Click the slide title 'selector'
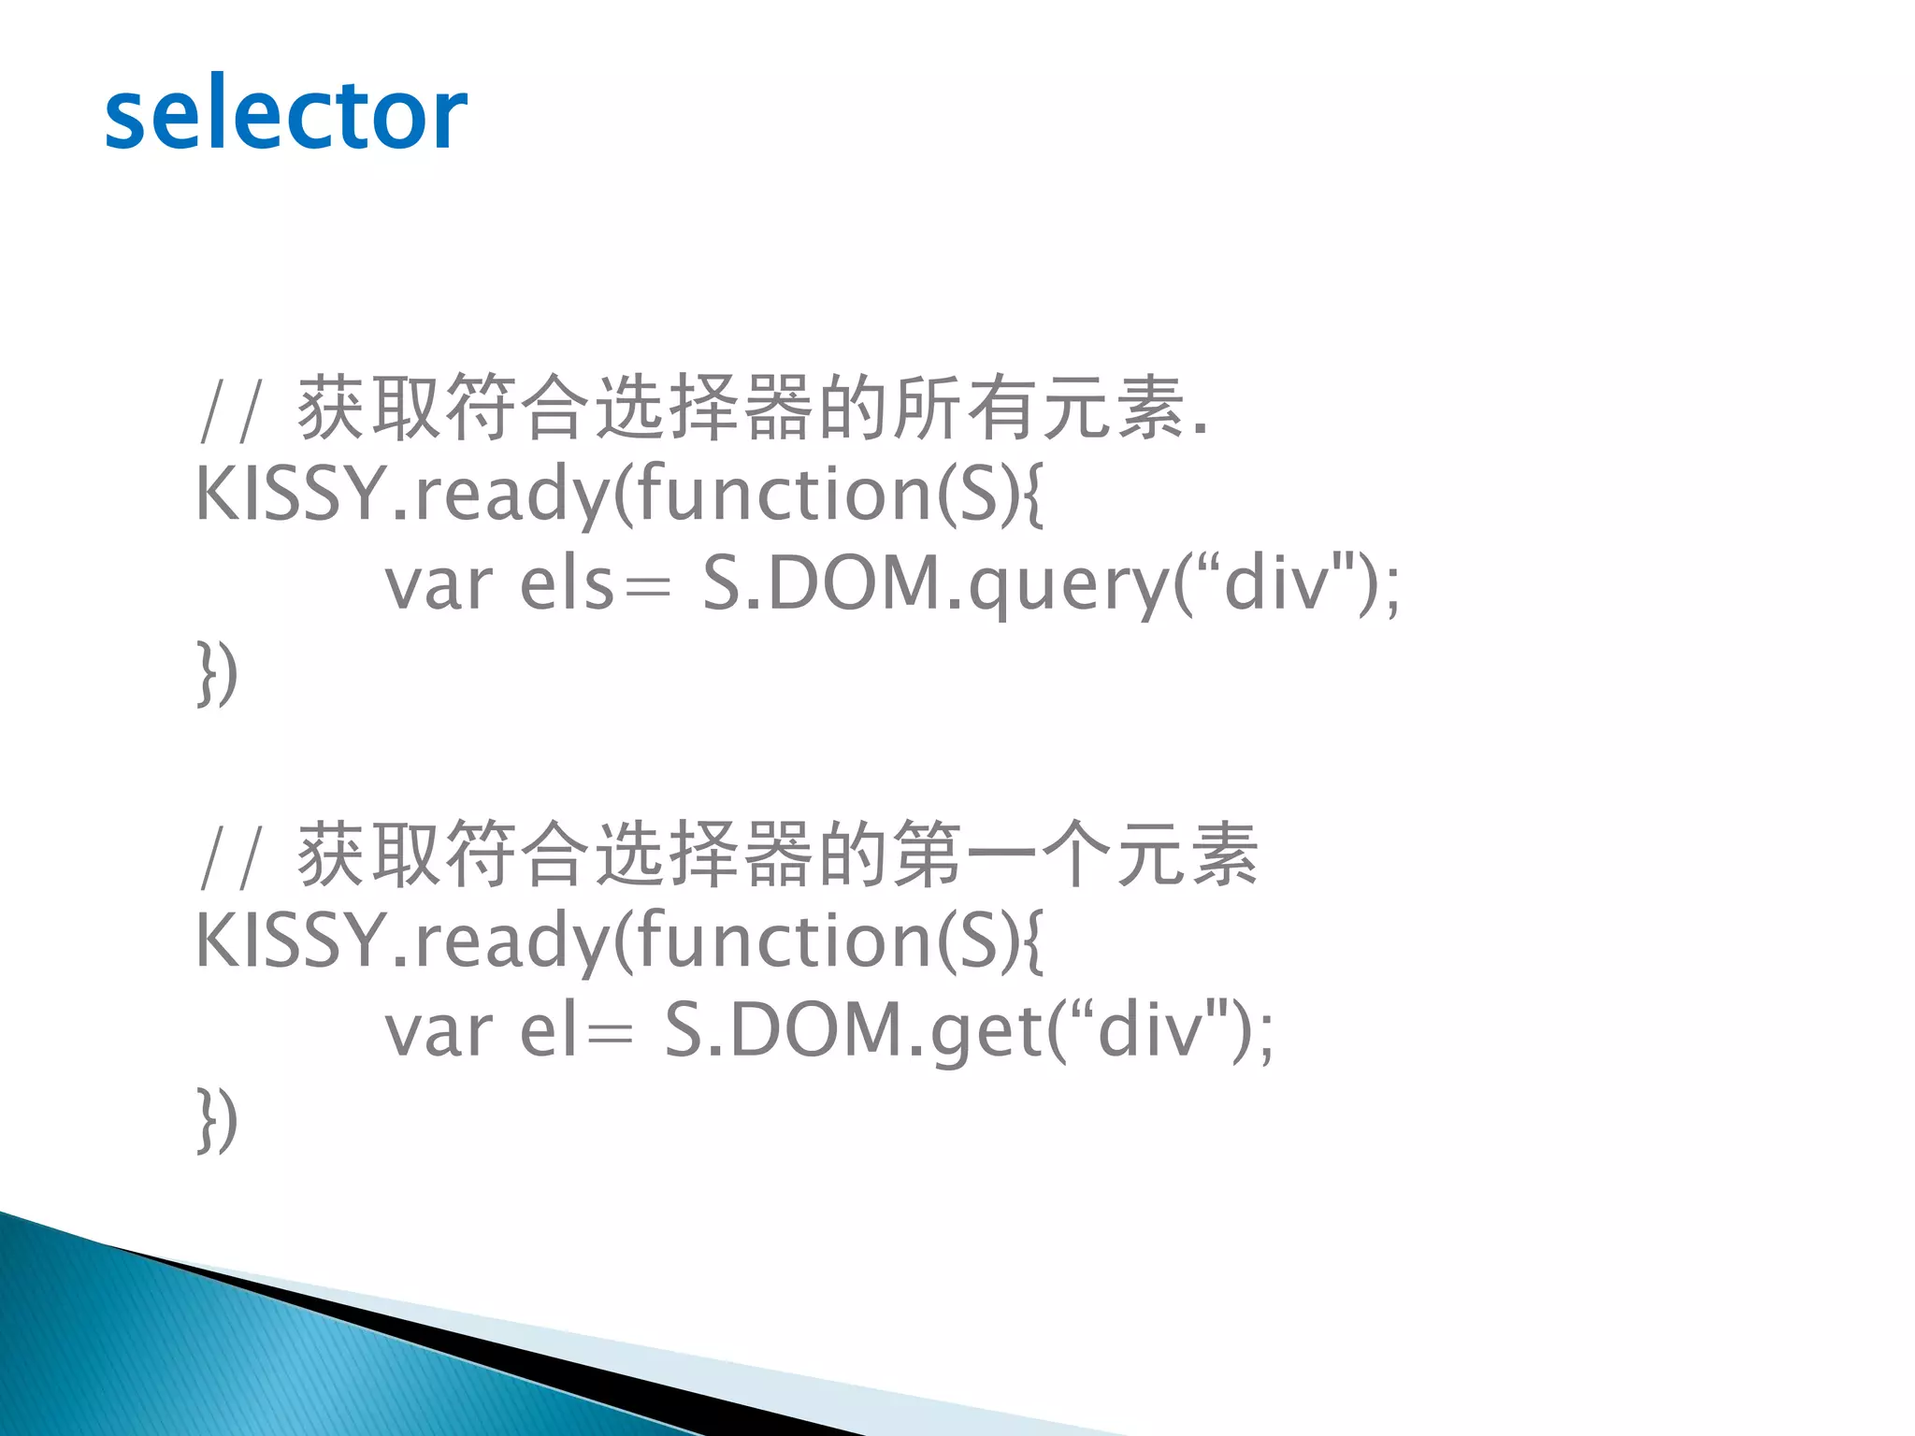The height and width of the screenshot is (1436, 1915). (x=285, y=114)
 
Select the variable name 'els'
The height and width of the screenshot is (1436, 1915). (x=567, y=584)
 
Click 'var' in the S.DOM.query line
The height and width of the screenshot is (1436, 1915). (x=439, y=584)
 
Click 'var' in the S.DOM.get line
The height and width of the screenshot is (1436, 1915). (x=439, y=1030)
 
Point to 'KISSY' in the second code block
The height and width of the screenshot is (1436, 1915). (x=290, y=941)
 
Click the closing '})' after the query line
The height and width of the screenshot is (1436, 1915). (x=218, y=673)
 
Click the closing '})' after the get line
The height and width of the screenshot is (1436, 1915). (x=218, y=1119)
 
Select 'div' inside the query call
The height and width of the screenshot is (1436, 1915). (x=1276, y=584)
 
